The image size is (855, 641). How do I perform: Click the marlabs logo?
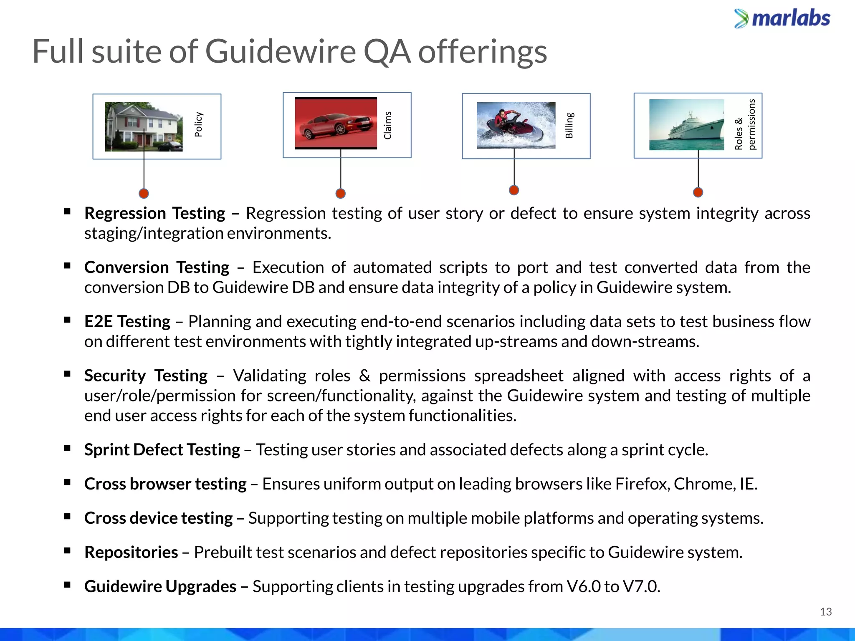point(782,19)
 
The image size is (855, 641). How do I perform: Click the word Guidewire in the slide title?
point(280,52)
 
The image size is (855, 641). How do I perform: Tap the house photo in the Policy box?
point(143,126)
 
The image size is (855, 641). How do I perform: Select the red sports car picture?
point(336,123)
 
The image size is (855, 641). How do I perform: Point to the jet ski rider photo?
point(516,125)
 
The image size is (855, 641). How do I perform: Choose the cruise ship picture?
point(686,125)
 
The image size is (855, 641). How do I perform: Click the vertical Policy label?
point(199,124)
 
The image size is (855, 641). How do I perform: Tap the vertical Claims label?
point(388,125)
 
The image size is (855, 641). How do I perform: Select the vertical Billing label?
point(569,125)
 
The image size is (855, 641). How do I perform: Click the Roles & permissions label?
point(745,124)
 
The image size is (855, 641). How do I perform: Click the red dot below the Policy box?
point(144,194)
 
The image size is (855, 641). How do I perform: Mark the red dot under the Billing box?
point(514,190)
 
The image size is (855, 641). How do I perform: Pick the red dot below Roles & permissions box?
point(698,192)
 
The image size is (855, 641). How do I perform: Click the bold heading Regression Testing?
point(154,213)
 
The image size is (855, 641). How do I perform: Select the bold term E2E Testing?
point(127,322)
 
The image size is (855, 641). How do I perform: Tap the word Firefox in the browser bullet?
point(642,484)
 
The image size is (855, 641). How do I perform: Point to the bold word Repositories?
point(131,553)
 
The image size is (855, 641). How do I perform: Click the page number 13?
point(825,612)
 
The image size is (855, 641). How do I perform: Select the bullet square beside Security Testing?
point(67,374)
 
